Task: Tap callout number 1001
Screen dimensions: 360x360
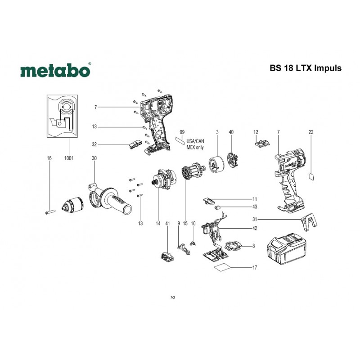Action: [69, 158]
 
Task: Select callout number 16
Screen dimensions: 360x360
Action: [49, 158]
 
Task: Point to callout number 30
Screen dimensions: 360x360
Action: [94, 158]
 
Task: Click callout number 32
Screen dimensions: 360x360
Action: [94, 144]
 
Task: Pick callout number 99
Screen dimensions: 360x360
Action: [182, 132]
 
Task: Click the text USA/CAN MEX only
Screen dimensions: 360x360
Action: [195, 144]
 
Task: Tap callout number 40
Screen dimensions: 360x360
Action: [231, 132]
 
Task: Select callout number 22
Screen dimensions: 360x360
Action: [311, 132]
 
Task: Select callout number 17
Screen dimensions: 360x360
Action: [255, 268]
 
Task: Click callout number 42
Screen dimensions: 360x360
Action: [255, 229]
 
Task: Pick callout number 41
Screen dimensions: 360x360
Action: [167, 223]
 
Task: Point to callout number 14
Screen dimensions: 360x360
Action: [158, 223]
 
